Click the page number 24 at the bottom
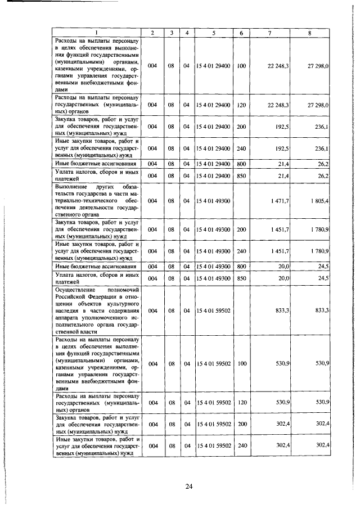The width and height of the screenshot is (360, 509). pos(189,487)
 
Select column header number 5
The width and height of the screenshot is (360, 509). pos(214,33)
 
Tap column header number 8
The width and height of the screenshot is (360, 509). pos(309,33)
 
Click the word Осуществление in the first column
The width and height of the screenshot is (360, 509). pos(76,289)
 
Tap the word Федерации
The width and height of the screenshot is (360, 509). pos(101,296)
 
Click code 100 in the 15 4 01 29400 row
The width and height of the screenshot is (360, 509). pos(242,66)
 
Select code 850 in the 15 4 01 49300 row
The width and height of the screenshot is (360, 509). pos(242,278)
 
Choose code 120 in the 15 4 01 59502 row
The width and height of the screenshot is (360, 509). pos(242,402)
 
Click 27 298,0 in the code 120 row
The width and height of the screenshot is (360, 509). pos(318,105)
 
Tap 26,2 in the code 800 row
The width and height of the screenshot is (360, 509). pos(322,163)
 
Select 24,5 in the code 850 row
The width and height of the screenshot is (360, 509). pos(322,278)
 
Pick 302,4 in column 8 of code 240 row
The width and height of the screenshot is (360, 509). pos(321,445)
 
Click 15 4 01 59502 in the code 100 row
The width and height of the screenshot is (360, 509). pos(214,364)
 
